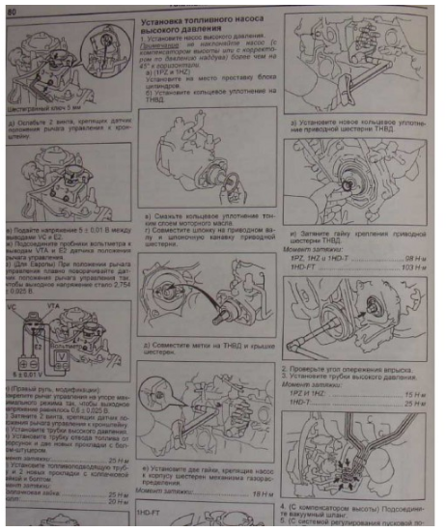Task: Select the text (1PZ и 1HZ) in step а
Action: pos(164,71)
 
